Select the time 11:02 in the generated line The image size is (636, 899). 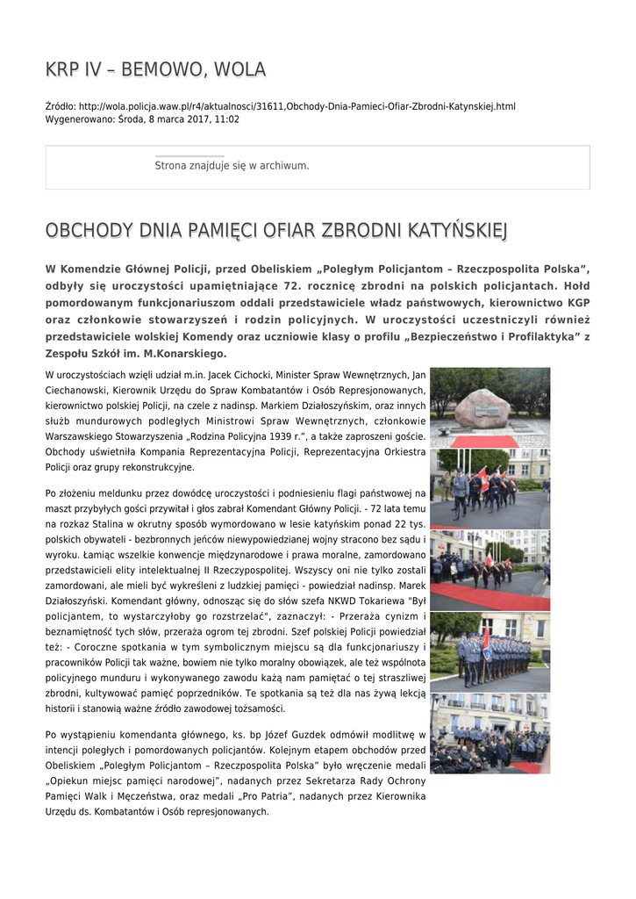pos(226,119)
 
